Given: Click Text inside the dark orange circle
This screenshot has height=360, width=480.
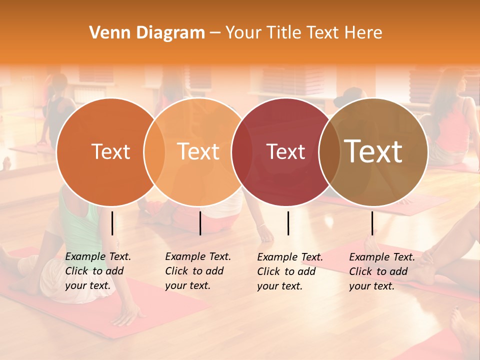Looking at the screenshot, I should coord(110,152).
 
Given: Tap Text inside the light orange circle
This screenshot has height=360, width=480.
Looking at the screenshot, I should coord(198,152).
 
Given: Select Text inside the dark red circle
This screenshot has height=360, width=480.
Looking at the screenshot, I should coord(286,152).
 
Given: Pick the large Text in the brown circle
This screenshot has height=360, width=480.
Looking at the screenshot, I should coord(373,151).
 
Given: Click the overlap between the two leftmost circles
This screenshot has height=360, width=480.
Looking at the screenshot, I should coord(154,152).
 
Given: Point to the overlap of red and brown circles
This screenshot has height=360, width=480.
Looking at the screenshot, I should coord(329,152).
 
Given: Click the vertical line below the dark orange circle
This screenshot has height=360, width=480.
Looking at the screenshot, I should coord(112,223).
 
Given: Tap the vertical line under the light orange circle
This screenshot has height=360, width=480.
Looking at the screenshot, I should coord(200,223).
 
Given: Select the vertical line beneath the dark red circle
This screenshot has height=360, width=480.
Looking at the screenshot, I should coord(288,223).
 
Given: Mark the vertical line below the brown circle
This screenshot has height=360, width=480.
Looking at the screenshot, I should coord(372,223).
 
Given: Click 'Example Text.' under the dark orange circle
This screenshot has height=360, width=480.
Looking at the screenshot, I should coord(98,257).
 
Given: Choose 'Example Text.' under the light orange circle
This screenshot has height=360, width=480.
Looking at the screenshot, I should coord(198,257).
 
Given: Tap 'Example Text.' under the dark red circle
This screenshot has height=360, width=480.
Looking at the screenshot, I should coord(290,257).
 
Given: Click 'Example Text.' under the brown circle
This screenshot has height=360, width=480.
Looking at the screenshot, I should coord(382,257).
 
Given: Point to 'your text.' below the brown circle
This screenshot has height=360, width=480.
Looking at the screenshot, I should coord(372,286).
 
